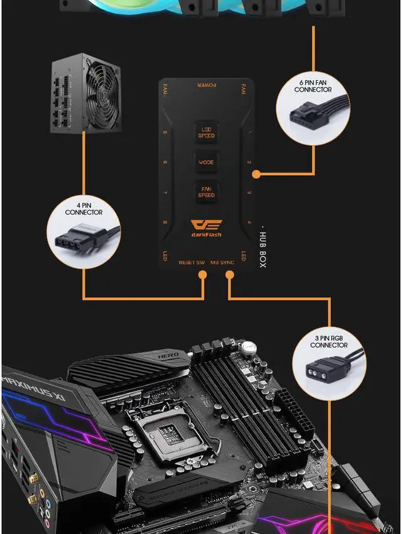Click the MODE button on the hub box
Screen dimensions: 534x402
tap(206, 162)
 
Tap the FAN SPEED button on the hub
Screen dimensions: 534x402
tap(206, 191)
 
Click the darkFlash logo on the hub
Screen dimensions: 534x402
tap(206, 228)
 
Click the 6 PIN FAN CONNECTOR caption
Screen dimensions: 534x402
tap(313, 86)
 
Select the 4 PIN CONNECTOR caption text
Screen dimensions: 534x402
tap(84, 209)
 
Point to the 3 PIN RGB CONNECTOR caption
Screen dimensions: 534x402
tap(329, 341)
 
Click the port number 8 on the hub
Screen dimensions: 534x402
tap(165, 223)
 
